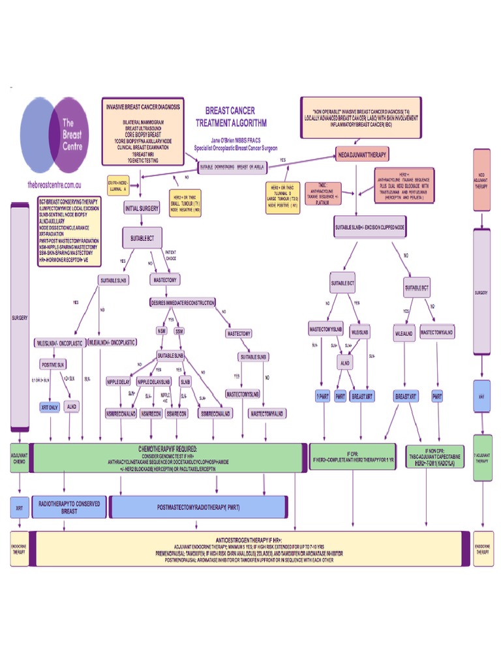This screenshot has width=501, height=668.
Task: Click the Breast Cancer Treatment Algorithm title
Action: tap(230, 117)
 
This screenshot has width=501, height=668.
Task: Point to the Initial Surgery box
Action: tap(142, 209)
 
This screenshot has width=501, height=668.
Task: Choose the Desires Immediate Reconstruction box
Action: tap(183, 303)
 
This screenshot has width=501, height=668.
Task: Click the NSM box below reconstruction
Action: tap(162, 332)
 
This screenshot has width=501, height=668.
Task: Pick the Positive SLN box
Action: tap(53, 365)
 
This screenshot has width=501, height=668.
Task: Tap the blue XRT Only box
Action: tap(50, 407)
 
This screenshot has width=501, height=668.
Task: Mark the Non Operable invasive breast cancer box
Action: tap(361, 117)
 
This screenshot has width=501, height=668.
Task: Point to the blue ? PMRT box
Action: tap(322, 396)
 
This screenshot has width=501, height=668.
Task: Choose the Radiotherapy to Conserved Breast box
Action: tap(68, 508)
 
